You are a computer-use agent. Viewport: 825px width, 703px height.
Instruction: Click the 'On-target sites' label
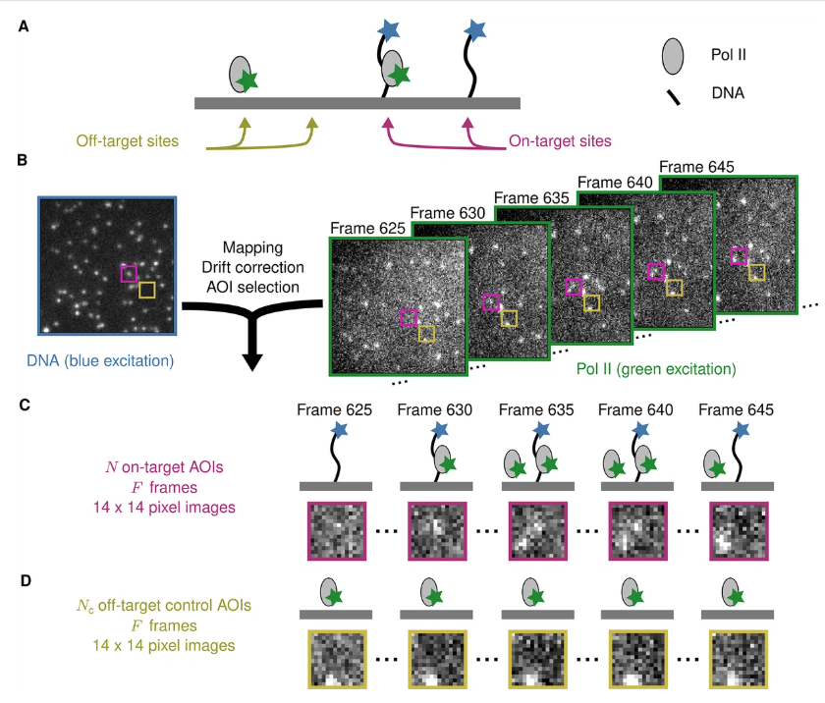point(560,140)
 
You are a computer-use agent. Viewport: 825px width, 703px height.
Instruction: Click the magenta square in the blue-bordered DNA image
point(129,273)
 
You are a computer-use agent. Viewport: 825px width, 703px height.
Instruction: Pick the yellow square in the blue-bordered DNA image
point(146,290)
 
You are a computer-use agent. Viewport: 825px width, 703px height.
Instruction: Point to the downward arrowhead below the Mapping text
point(251,359)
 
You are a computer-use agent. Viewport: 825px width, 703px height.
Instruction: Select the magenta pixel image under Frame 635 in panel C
point(538,531)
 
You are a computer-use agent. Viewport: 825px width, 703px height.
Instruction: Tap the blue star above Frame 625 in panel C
point(340,429)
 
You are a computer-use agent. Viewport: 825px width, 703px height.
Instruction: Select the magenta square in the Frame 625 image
point(409,318)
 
